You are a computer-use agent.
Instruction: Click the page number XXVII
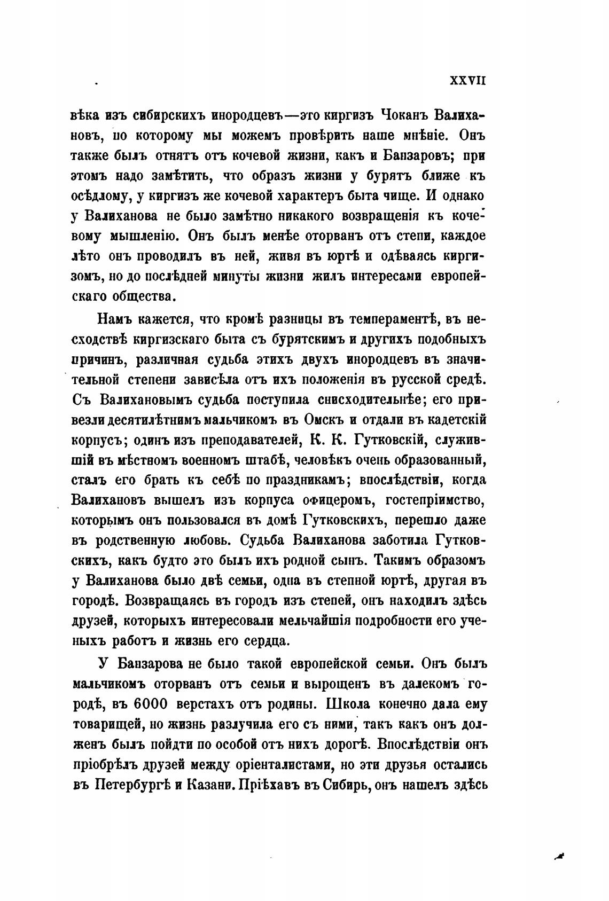pyautogui.click(x=467, y=81)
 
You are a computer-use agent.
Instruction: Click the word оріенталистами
pyautogui.click(x=282, y=764)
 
